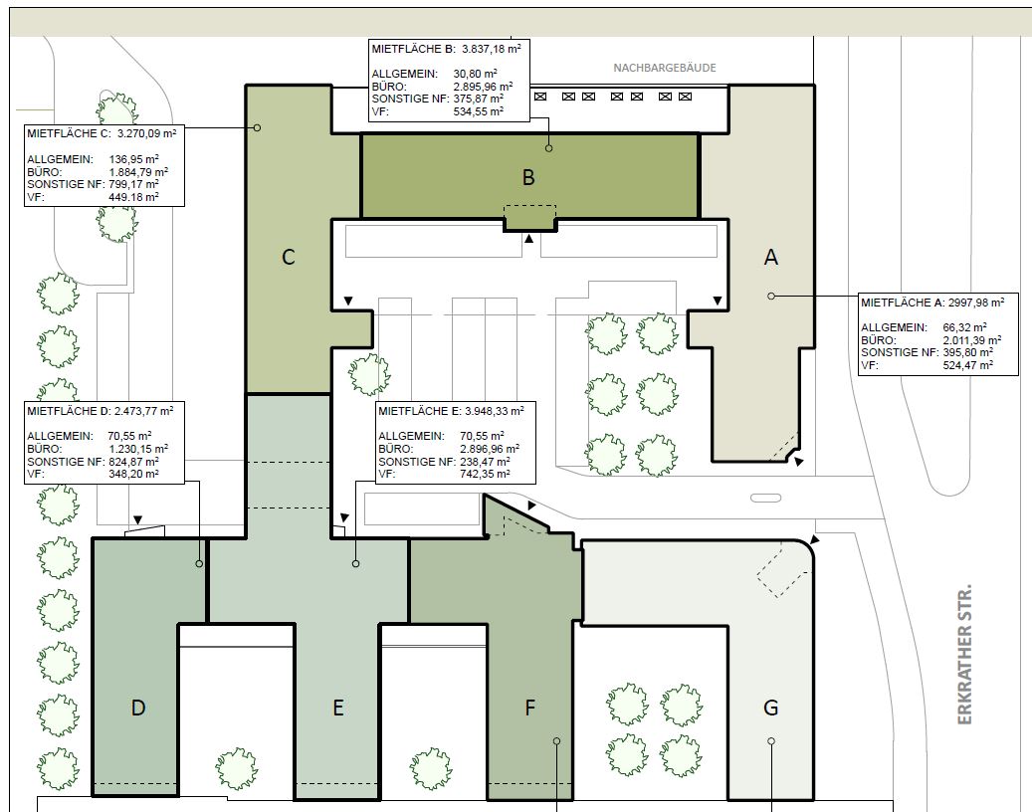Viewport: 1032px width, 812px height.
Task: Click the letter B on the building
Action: click(527, 177)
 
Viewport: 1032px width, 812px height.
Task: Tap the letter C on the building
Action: click(288, 257)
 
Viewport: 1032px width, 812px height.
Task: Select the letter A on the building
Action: click(770, 257)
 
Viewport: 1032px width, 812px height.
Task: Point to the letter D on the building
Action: click(137, 708)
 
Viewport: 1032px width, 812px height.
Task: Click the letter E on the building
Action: click(337, 708)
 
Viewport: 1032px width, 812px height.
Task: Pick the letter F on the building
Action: click(529, 708)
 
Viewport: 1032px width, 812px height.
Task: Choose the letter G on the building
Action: click(770, 708)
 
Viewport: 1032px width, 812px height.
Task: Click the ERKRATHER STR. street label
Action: click(964, 654)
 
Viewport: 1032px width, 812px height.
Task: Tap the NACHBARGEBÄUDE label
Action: click(664, 67)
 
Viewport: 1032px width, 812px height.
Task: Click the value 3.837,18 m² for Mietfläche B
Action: click(491, 48)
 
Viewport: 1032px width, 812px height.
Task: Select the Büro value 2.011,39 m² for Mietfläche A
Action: click(972, 339)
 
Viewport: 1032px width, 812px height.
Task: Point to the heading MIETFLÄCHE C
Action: click(69, 133)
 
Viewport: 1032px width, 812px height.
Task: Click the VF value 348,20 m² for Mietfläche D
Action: click(133, 474)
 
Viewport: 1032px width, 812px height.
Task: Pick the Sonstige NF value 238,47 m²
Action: click(485, 462)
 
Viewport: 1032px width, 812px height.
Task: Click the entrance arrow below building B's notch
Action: click(528, 238)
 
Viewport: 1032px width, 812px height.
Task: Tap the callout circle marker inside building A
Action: click(770, 297)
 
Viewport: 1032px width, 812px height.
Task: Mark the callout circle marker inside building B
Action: click(548, 148)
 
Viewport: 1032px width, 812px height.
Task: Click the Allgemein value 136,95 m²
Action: click(133, 159)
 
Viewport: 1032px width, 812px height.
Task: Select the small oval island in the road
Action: click(766, 499)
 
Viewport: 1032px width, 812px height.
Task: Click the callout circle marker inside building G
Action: click(770, 741)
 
